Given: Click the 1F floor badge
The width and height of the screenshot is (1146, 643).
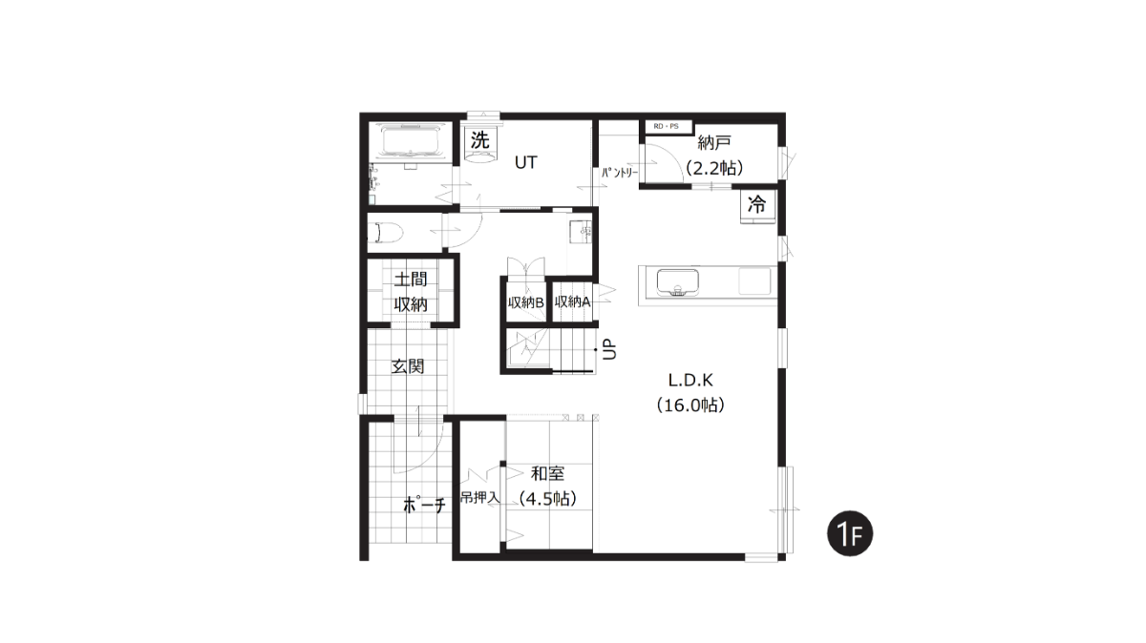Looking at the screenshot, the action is click(x=850, y=533).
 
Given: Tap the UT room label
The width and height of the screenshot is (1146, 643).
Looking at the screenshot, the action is click(x=525, y=162).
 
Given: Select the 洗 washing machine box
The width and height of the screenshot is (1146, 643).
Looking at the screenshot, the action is click(x=479, y=140).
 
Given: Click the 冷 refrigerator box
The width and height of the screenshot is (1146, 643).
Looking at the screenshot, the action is click(x=757, y=205).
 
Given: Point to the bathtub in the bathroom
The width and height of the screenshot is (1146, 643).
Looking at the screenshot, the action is click(x=411, y=140).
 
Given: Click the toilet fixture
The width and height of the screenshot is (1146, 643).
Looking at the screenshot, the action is click(x=386, y=233).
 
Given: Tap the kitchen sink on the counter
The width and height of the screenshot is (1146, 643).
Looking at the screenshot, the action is click(x=678, y=282).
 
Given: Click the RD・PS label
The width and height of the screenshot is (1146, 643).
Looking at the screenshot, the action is click(x=667, y=126).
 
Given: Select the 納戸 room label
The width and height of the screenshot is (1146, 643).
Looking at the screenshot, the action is click(x=713, y=142).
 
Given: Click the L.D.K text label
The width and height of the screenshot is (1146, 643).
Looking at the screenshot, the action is click(x=690, y=380).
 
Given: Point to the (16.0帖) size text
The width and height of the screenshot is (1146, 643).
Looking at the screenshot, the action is click(x=690, y=404).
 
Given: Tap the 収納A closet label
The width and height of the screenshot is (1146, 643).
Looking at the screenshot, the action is click(x=572, y=302).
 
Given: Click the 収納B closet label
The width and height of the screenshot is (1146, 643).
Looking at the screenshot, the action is click(x=526, y=302).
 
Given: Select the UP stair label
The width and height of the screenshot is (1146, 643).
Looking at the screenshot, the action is click(x=610, y=349).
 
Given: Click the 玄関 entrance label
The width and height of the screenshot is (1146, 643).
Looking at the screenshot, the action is click(x=408, y=366).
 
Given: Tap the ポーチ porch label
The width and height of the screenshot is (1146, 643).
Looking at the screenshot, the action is click(x=425, y=506).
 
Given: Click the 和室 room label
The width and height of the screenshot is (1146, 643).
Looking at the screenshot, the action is click(x=548, y=473).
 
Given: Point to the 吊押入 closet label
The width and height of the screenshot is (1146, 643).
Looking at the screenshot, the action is click(x=479, y=497).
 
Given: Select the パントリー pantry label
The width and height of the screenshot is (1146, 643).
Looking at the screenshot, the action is click(x=620, y=173).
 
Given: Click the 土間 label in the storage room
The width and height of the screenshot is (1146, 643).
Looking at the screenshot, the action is click(x=411, y=280).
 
